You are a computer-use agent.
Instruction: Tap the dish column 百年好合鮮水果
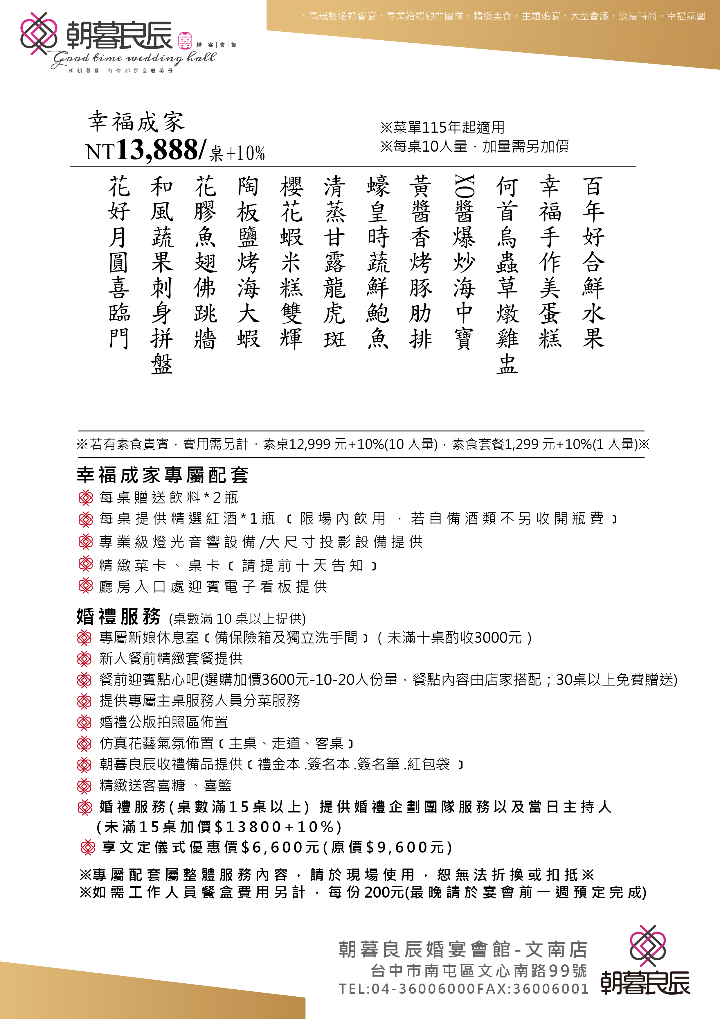click(594, 262)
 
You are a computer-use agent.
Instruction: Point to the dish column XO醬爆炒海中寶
click(464, 262)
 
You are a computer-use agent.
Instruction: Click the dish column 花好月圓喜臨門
click(119, 262)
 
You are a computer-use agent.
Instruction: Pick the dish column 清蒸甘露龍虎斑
click(334, 262)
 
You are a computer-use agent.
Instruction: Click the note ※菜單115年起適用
click(442, 127)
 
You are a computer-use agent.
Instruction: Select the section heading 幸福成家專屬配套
click(162, 475)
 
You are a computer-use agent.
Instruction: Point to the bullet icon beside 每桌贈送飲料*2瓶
click(85, 498)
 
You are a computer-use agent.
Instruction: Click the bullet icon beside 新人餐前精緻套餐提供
click(84, 659)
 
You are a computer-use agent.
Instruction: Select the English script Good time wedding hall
click(133, 58)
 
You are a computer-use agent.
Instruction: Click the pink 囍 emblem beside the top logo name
click(185, 41)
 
